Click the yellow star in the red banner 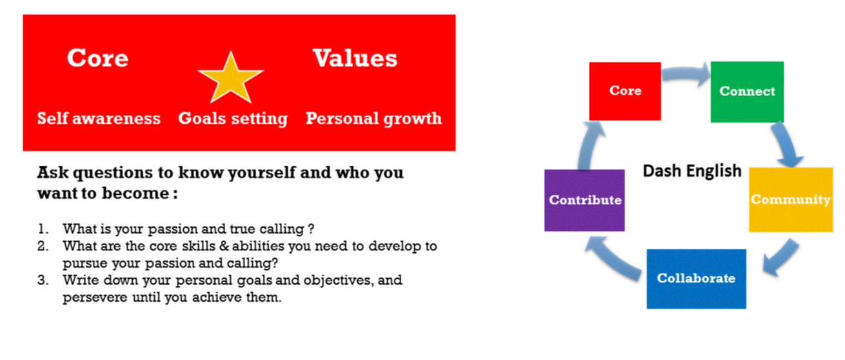tap(230, 79)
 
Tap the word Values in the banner tap(355, 59)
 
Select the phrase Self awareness tap(99, 119)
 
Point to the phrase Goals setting tap(233, 119)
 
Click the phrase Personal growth tap(373, 119)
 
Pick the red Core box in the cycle tap(625, 92)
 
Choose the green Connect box tap(747, 92)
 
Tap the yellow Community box tap(791, 199)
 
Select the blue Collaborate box tap(696, 279)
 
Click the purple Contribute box tap(584, 200)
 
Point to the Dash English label tap(692, 171)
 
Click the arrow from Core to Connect tap(684, 73)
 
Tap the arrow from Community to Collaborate tap(782, 259)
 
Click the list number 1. tap(43, 228)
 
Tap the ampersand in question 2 tap(224, 246)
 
